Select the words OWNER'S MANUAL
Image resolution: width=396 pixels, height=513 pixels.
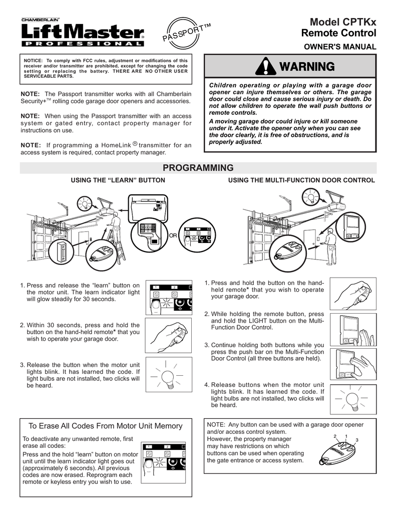pos(340,47)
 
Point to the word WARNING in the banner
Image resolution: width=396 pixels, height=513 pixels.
pos(306,67)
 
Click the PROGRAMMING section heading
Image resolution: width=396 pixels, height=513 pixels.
pos(198,168)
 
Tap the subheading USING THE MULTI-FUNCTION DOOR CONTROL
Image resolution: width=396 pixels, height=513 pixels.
pos(301,180)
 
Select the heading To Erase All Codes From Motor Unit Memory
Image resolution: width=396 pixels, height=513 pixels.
pos(105,426)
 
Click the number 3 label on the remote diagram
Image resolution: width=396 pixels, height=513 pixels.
pos(356,440)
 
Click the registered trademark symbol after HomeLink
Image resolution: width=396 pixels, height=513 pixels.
pos(135,144)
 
